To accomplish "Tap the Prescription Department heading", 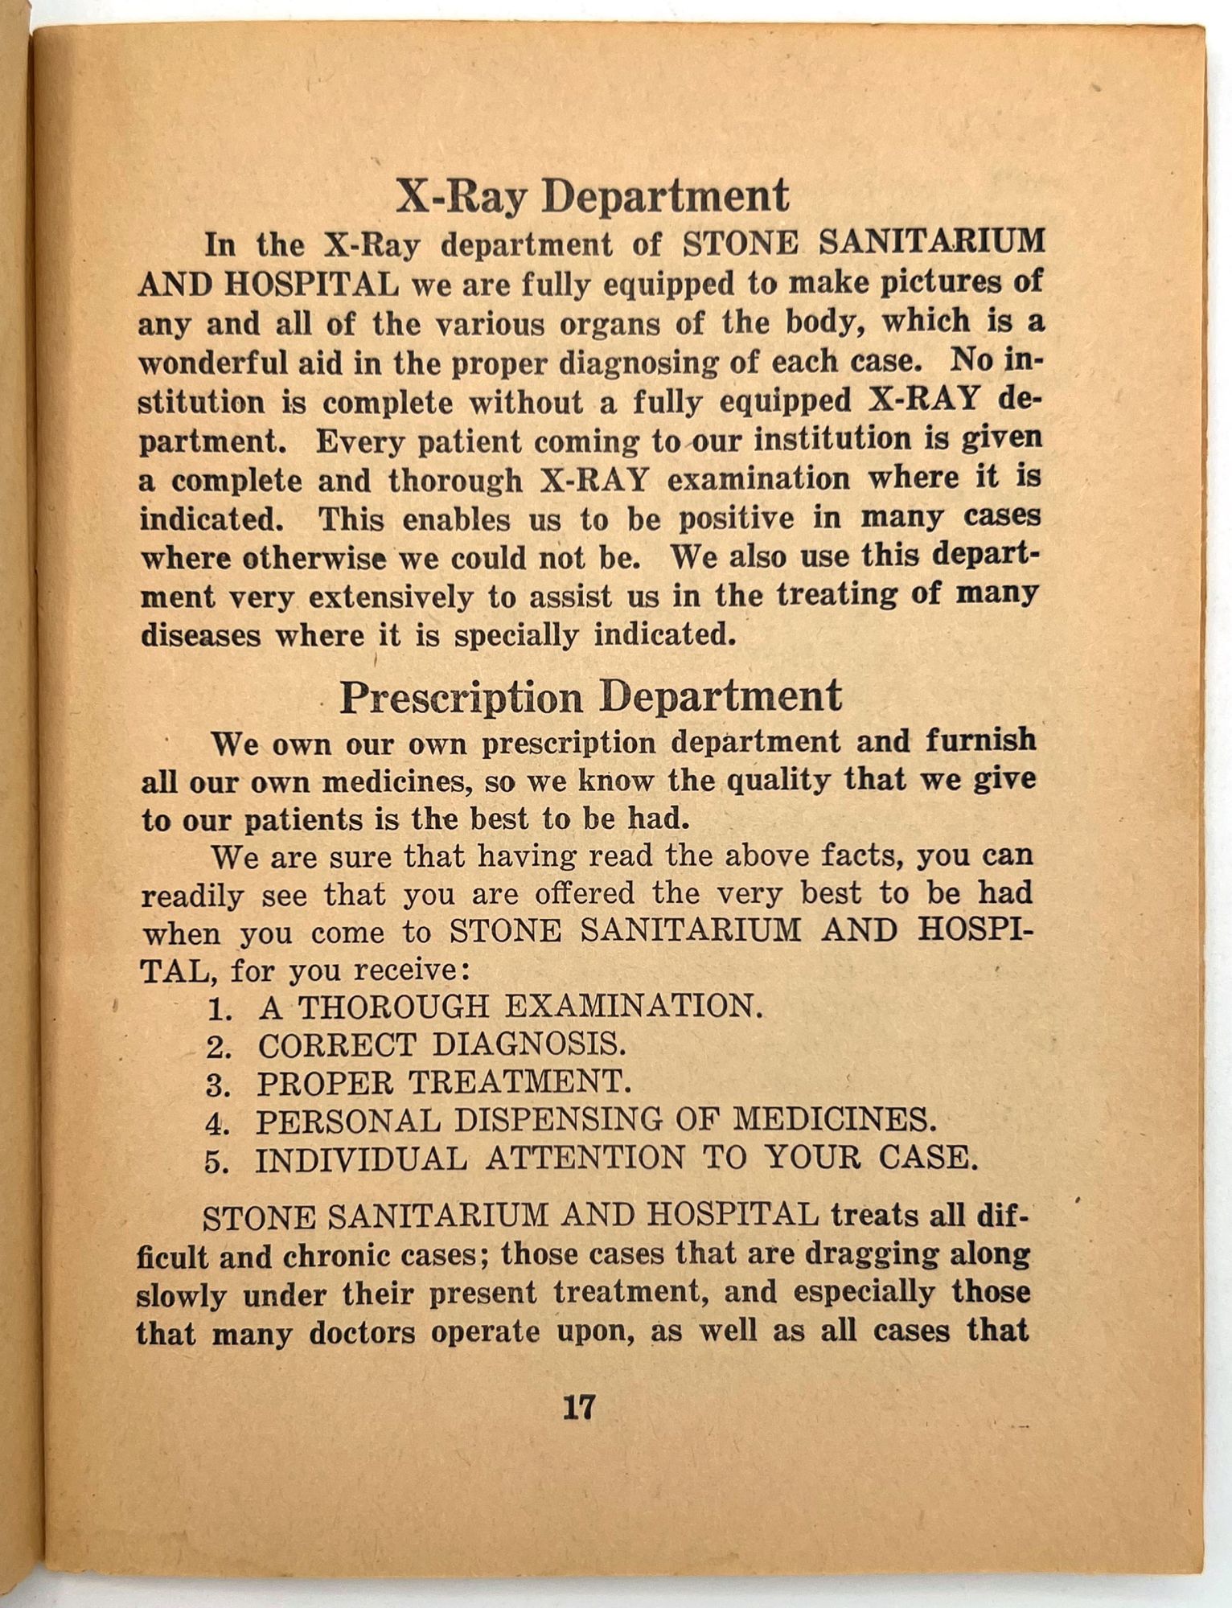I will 590,696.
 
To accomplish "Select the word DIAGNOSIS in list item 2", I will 528,1045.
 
